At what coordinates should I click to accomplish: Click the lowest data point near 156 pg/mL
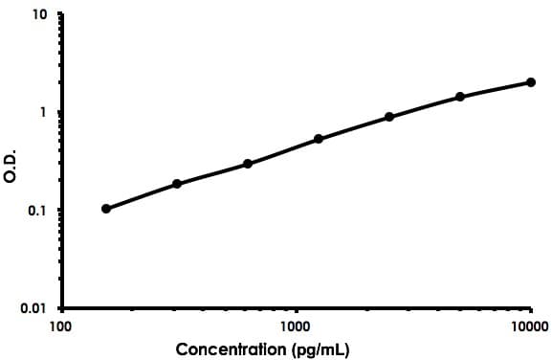106,209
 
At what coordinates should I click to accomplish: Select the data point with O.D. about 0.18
177,184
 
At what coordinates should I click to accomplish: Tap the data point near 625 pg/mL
248,164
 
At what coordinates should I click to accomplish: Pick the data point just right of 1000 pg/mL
319,139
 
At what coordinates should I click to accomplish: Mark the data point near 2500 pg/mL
389,117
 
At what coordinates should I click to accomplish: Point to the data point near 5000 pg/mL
460,97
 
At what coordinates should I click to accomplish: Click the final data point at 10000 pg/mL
531,82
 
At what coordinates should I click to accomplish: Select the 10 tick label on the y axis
40,16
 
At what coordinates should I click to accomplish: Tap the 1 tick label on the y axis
44,113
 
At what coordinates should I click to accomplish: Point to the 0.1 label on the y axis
38,211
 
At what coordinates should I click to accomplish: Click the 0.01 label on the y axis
35,308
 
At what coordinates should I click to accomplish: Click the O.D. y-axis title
11,162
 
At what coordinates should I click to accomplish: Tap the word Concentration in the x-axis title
233,349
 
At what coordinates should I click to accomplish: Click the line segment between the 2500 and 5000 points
425,106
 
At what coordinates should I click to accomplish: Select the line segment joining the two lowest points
142,196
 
